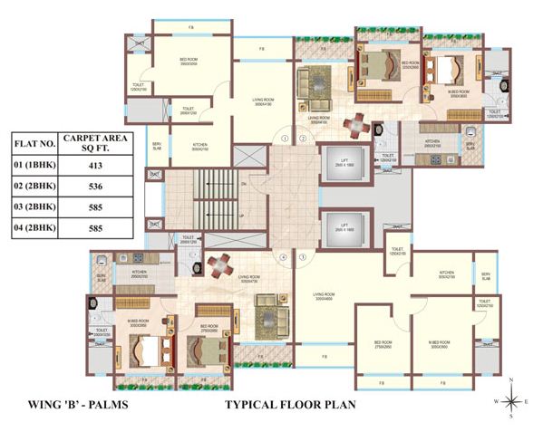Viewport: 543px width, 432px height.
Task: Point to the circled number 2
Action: [x=304, y=139]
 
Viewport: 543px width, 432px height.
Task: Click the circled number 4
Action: [x=284, y=257]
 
